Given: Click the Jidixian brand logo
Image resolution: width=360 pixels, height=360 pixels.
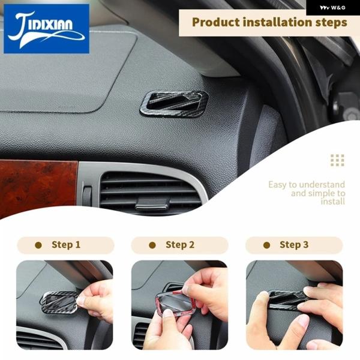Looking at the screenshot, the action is [x=46, y=29].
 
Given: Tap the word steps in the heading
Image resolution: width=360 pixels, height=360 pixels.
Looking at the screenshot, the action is [x=331, y=23].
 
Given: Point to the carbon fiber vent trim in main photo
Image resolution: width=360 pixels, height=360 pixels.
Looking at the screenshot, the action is [x=174, y=104].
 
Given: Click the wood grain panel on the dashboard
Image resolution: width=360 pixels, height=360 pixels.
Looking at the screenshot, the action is [x=38, y=188].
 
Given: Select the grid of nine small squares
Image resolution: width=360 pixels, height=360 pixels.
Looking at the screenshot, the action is [x=337, y=160].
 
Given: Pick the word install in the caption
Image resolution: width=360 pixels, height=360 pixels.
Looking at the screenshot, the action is [x=332, y=202].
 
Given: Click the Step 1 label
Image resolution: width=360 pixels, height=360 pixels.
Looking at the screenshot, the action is [x=66, y=245].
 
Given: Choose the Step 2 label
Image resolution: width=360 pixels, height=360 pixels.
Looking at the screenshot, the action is [x=180, y=245].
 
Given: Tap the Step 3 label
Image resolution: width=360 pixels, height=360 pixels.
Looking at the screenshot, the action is [x=294, y=245].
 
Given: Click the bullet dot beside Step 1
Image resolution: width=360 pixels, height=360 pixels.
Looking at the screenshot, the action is [x=38, y=245].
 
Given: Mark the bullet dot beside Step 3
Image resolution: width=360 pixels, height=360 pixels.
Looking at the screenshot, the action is [x=266, y=245].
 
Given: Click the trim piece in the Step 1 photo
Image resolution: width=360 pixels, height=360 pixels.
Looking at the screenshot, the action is [x=59, y=302].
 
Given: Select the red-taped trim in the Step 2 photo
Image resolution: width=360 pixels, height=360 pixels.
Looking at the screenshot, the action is [x=175, y=303].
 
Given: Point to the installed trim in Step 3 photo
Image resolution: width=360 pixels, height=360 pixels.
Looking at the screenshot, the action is [x=287, y=299].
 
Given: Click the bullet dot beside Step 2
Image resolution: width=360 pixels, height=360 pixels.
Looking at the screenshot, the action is [x=152, y=245].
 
